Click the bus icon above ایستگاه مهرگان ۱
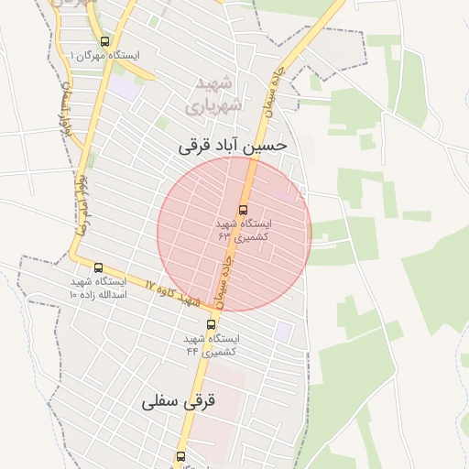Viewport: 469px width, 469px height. pyautogui.click(x=104, y=41)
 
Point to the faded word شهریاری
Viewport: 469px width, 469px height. pyautogui.click(x=213, y=105)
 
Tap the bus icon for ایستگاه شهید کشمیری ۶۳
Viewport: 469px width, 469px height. pyautogui.click(x=243, y=209)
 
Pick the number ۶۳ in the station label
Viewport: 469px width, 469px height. pyautogui.click(x=225, y=236)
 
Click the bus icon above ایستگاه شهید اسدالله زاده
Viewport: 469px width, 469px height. pyautogui.click(x=98, y=267)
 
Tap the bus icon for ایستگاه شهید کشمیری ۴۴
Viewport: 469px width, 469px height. pyautogui.click(x=212, y=324)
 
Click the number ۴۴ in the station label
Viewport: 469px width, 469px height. pyautogui.click(x=193, y=351)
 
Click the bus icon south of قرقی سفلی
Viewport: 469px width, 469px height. pyautogui.click(x=180, y=455)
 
